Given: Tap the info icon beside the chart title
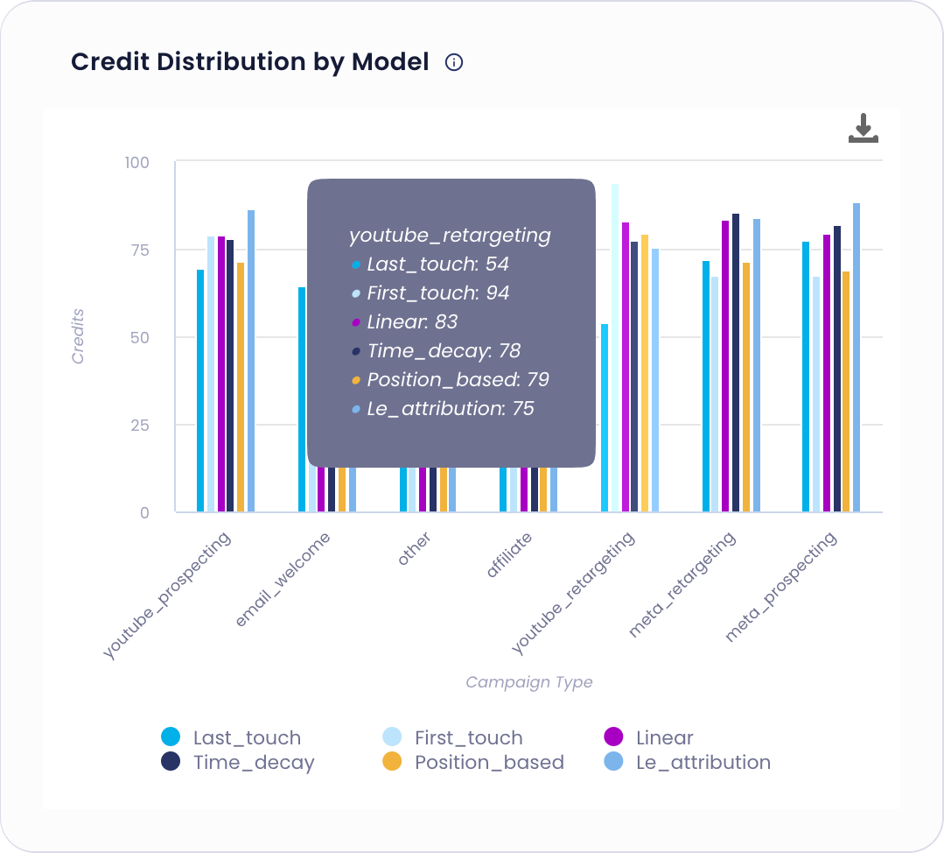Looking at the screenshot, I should tap(453, 62).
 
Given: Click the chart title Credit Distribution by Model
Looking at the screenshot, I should tap(249, 62).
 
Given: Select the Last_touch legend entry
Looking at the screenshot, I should tap(232, 737).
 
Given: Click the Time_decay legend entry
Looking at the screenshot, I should tap(238, 762).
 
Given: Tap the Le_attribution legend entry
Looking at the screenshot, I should tap(688, 762).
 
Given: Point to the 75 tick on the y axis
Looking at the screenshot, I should tap(140, 250).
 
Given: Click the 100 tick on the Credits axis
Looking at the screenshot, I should tap(137, 162).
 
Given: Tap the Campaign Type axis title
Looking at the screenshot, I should tap(528, 682).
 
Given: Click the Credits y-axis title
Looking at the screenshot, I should tap(78, 337).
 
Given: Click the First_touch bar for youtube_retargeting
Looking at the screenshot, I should tap(615, 350).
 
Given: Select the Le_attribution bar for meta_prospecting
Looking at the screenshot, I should tap(857, 359).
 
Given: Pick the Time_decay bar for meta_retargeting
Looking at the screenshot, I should tap(736, 363).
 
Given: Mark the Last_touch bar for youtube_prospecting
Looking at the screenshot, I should tap(200, 391).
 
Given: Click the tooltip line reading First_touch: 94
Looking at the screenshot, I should tap(437, 293).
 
